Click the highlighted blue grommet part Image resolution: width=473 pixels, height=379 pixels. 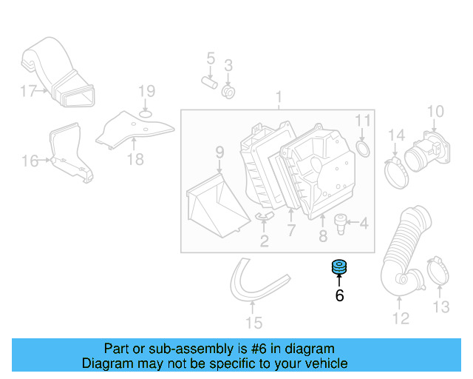339,266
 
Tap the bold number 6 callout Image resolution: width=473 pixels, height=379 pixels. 339,296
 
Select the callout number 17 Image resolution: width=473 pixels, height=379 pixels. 28,91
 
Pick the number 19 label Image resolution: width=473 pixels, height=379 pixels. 146,91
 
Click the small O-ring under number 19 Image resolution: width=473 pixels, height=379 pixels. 146,113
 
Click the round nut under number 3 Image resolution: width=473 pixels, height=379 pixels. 228,93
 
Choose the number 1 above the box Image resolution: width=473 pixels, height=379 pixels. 279,97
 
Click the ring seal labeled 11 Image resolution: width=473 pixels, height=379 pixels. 364,150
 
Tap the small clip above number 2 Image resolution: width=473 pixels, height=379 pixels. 264,216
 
